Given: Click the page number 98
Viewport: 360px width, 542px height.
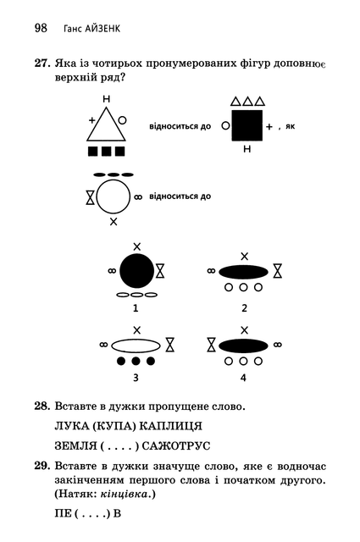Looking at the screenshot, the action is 41,28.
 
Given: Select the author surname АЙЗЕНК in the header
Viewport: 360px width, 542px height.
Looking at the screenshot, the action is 102,28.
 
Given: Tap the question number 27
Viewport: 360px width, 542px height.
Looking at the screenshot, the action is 42,64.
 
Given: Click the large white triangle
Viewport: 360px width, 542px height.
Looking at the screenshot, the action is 106,124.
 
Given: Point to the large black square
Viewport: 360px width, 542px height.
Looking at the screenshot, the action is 246,125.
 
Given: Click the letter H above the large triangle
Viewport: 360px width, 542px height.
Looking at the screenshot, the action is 106,99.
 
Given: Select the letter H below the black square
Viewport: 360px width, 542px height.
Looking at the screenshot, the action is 246,149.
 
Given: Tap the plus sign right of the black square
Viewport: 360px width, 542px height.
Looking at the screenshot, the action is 269,127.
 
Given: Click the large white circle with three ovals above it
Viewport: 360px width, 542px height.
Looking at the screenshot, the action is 114,197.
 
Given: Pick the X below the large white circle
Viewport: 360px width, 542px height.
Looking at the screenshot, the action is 114,222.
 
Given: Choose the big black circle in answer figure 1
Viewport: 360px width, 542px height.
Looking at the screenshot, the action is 136,271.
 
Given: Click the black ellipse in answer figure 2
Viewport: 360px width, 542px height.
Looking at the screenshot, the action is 243,272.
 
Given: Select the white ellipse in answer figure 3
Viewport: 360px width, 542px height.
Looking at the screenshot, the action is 136,346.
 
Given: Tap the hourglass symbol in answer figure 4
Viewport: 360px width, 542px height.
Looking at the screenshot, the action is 211,345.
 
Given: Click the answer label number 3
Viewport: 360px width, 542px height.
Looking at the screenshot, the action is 136,378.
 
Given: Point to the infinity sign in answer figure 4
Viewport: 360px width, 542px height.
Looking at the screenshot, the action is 277,345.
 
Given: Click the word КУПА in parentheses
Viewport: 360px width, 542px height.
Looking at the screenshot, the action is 114,426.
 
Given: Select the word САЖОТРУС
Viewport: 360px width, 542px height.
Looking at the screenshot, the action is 176,446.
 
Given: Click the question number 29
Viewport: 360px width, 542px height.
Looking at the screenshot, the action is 42,467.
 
